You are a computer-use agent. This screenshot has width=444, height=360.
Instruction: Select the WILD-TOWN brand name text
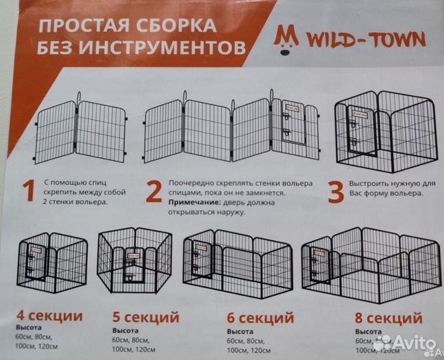click(365, 41)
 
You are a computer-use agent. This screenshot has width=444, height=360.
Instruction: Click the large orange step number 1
click(28, 191)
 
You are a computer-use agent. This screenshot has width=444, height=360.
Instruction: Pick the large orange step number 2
click(153, 192)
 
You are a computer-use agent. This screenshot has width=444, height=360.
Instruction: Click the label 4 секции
click(50, 316)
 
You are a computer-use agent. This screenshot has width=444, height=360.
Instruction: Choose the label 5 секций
click(145, 316)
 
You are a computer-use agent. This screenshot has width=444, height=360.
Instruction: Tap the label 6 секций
click(261, 317)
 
